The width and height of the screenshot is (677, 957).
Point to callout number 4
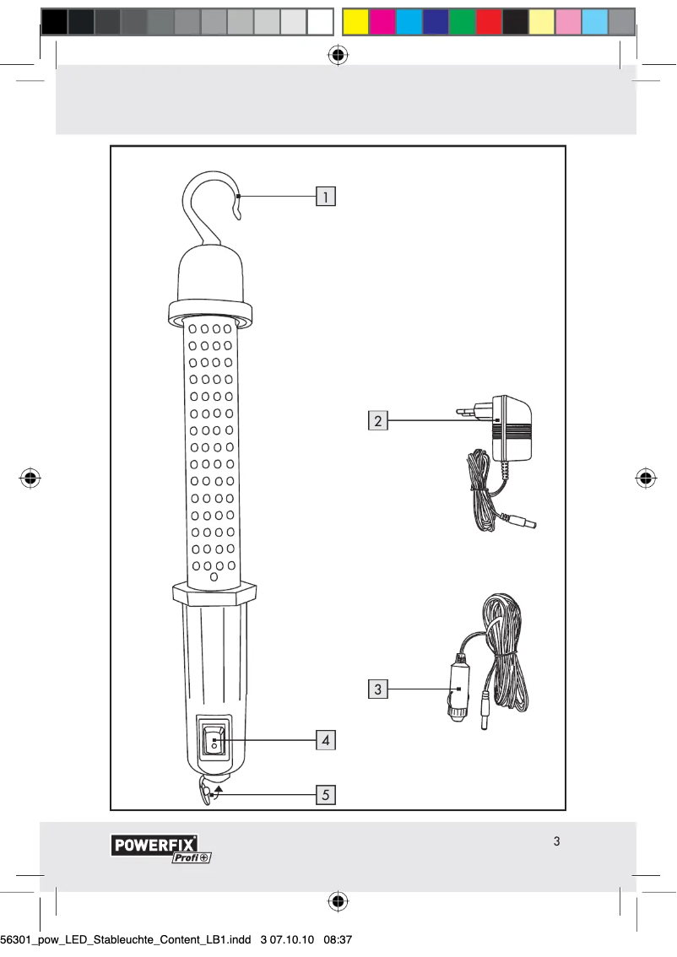(325, 740)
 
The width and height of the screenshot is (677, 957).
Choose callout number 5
(325, 794)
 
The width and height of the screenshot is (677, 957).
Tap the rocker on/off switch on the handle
(214, 740)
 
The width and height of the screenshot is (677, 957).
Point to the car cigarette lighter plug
(457, 688)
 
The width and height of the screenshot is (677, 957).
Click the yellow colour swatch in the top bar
(356, 22)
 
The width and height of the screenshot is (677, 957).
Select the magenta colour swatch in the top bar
(382, 22)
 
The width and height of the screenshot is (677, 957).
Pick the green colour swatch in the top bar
(462, 22)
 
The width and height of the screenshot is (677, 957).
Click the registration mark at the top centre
(338, 56)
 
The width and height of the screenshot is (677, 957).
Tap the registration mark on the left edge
(31, 478)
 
